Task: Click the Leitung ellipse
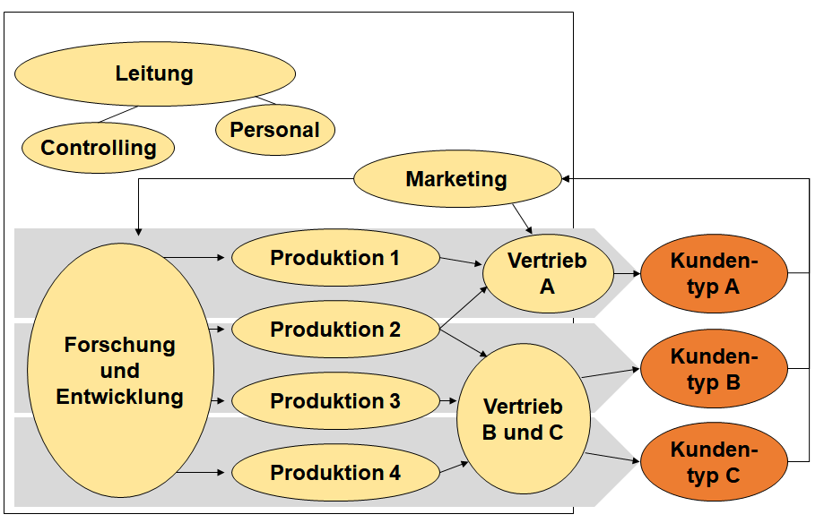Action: (154, 73)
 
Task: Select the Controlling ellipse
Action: (99, 148)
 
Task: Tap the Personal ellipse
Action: (274, 130)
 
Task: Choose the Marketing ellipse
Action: (456, 179)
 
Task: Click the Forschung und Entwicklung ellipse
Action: (120, 371)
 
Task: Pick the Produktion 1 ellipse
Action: (335, 258)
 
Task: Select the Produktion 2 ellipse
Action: (335, 330)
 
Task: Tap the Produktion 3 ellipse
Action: (335, 400)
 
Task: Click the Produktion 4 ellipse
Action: (335, 472)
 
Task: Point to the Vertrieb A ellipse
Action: (547, 273)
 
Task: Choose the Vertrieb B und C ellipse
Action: (523, 418)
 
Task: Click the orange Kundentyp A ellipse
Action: (714, 273)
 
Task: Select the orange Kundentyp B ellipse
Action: (714, 370)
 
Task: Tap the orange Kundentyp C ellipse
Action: (714, 462)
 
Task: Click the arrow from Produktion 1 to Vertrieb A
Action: (461, 261)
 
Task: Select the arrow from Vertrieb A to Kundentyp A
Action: (627, 273)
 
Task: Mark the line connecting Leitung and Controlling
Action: (118, 115)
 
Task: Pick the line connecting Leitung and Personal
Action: (266, 99)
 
